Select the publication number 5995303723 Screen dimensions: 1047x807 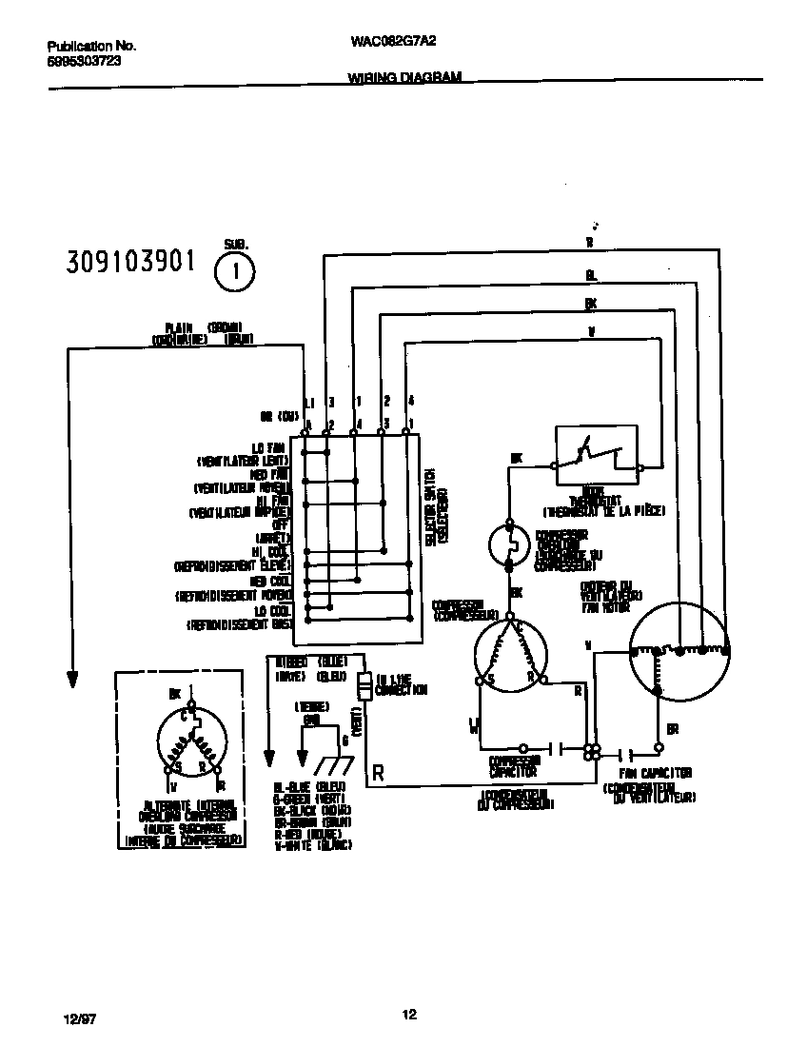84,59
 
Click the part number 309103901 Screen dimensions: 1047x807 130,261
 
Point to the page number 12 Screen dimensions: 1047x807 408,1015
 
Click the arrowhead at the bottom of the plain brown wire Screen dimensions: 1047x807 71,680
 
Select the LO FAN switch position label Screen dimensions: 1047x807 268,447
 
